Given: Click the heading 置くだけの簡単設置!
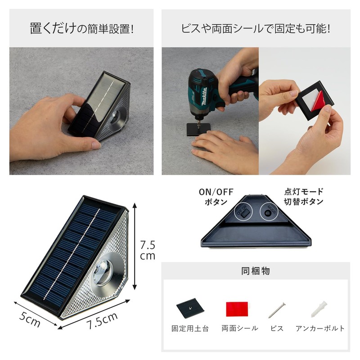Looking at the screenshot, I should pos(81,29).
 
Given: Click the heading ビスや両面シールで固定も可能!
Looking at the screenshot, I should pos(256,29).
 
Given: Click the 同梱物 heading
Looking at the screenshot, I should pos(256,271).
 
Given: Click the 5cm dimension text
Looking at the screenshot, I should pos(30,320).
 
